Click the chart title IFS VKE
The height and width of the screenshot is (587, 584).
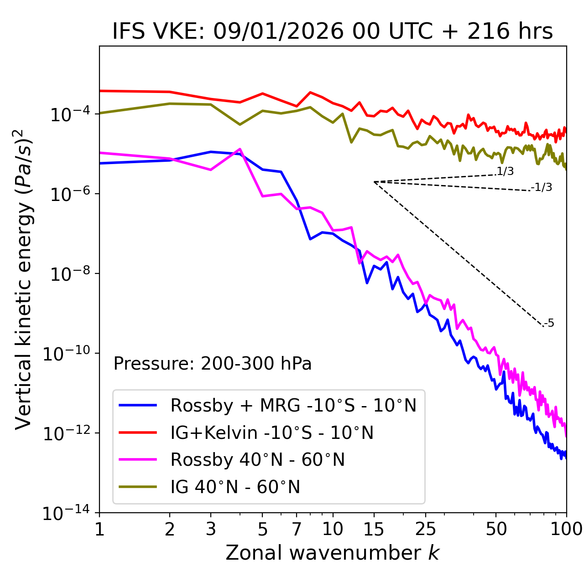click(x=333, y=31)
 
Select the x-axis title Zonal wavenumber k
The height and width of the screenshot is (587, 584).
click(x=333, y=552)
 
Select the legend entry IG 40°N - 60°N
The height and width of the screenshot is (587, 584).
click(x=235, y=487)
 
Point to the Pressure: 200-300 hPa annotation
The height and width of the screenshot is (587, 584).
click(x=213, y=364)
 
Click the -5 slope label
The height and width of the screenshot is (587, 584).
click(x=549, y=324)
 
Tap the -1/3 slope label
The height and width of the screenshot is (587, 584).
click(x=542, y=187)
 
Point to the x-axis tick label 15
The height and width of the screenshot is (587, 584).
click(x=374, y=529)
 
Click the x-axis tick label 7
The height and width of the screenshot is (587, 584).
click(x=297, y=529)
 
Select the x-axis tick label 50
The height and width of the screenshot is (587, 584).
click(x=496, y=529)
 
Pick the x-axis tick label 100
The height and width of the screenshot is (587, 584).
click(x=566, y=529)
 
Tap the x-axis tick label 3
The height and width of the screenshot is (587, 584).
click(x=211, y=529)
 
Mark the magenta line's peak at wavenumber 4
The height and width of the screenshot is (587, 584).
click(x=240, y=149)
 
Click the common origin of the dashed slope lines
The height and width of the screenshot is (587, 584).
click(x=374, y=182)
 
